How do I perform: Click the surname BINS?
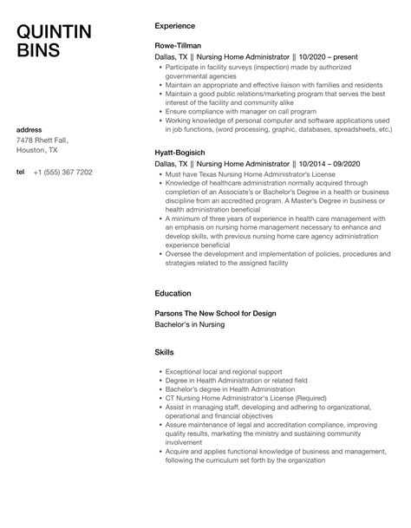(x=39, y=50)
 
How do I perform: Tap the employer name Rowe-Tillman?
(x=179, y=43)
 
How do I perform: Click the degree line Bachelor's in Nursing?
(x=189, y=323)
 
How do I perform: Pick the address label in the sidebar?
(x=29, y=129)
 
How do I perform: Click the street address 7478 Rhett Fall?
(x=42, y=140)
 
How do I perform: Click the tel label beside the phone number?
(x=21, y=172)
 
